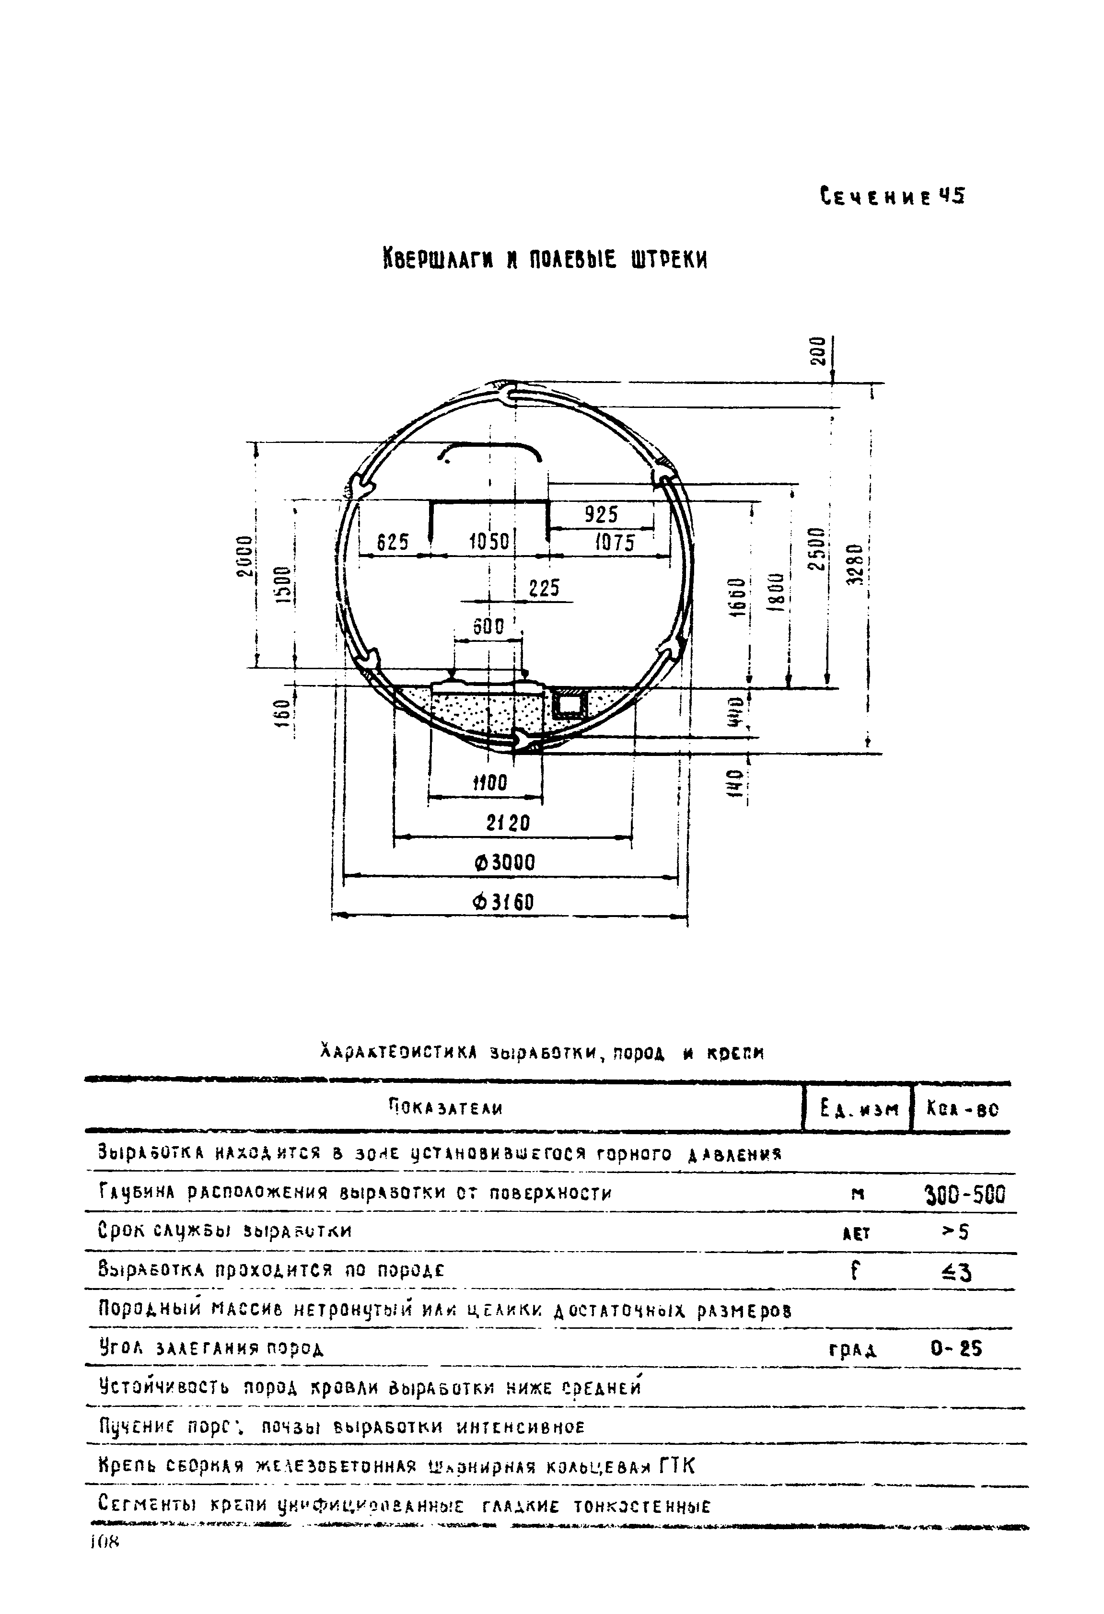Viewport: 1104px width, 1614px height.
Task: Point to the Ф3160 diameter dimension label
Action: point(503,902)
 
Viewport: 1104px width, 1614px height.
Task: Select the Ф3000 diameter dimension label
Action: point(505,863)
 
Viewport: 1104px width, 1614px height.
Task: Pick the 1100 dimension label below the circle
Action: point(490,783)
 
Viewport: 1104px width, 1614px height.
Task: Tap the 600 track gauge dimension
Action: point(488,627)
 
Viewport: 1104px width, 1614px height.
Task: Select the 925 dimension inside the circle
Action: point(601,515)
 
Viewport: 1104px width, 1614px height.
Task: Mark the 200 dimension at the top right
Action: point(819,351)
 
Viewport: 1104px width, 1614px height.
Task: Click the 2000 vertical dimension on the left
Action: point(243,556)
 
